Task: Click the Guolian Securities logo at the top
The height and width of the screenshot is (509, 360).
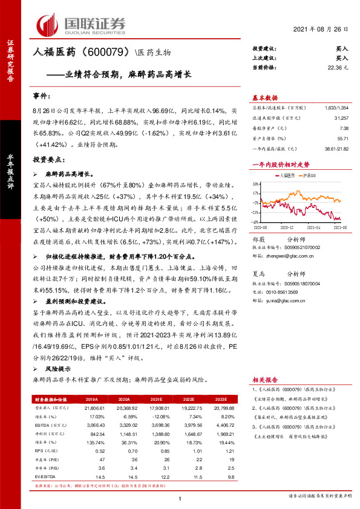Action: (81, 24)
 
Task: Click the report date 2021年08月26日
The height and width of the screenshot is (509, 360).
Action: (321, 29)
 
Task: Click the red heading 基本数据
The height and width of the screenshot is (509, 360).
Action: (264, 97)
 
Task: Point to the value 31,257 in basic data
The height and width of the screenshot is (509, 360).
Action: (340, 118)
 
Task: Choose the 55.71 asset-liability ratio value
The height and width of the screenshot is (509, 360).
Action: (342, 138)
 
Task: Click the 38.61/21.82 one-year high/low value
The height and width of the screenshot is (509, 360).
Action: (336, 148)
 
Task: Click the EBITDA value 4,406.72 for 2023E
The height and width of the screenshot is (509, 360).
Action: (220, 426)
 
